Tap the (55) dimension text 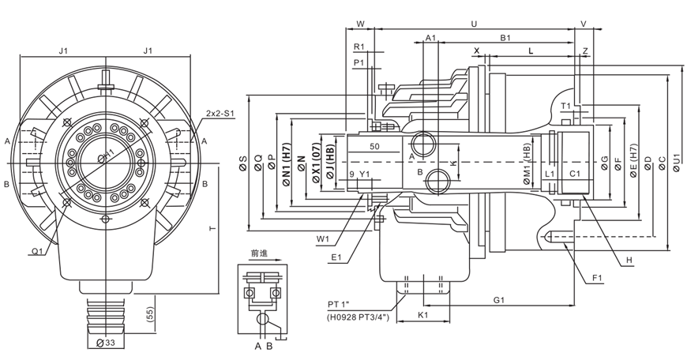click(x=150, y=314)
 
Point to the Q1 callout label click(x=37, y=251)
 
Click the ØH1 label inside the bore click(x=108, y=156)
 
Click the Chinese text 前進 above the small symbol click(x=259, y=254)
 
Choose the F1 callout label click(x=597, y=277)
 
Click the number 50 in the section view click(x=374, y=147)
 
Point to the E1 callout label click(x=336, y=256)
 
